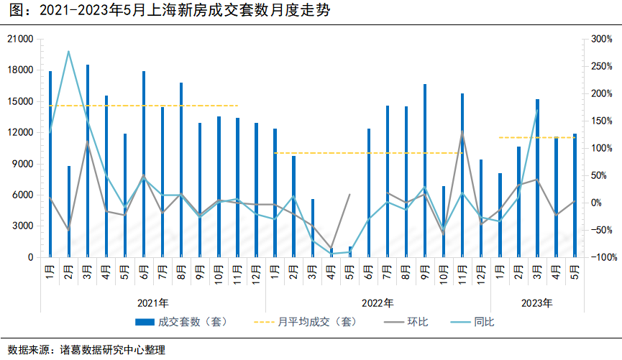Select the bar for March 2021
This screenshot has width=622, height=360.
tap(88, 161)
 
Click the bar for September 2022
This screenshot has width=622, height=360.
tap(425, 170)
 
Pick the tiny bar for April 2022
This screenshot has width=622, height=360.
tap(331, 252)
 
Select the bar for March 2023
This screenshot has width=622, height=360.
tap(537, 177)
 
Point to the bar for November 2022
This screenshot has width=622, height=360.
tap(462, 175)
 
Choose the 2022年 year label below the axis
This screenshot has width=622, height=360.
tap(378, 302)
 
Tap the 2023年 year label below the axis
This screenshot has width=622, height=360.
tap(537, 302)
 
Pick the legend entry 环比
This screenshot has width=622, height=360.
tap(418, 322)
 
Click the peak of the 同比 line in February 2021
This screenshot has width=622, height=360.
tap(69, 52)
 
